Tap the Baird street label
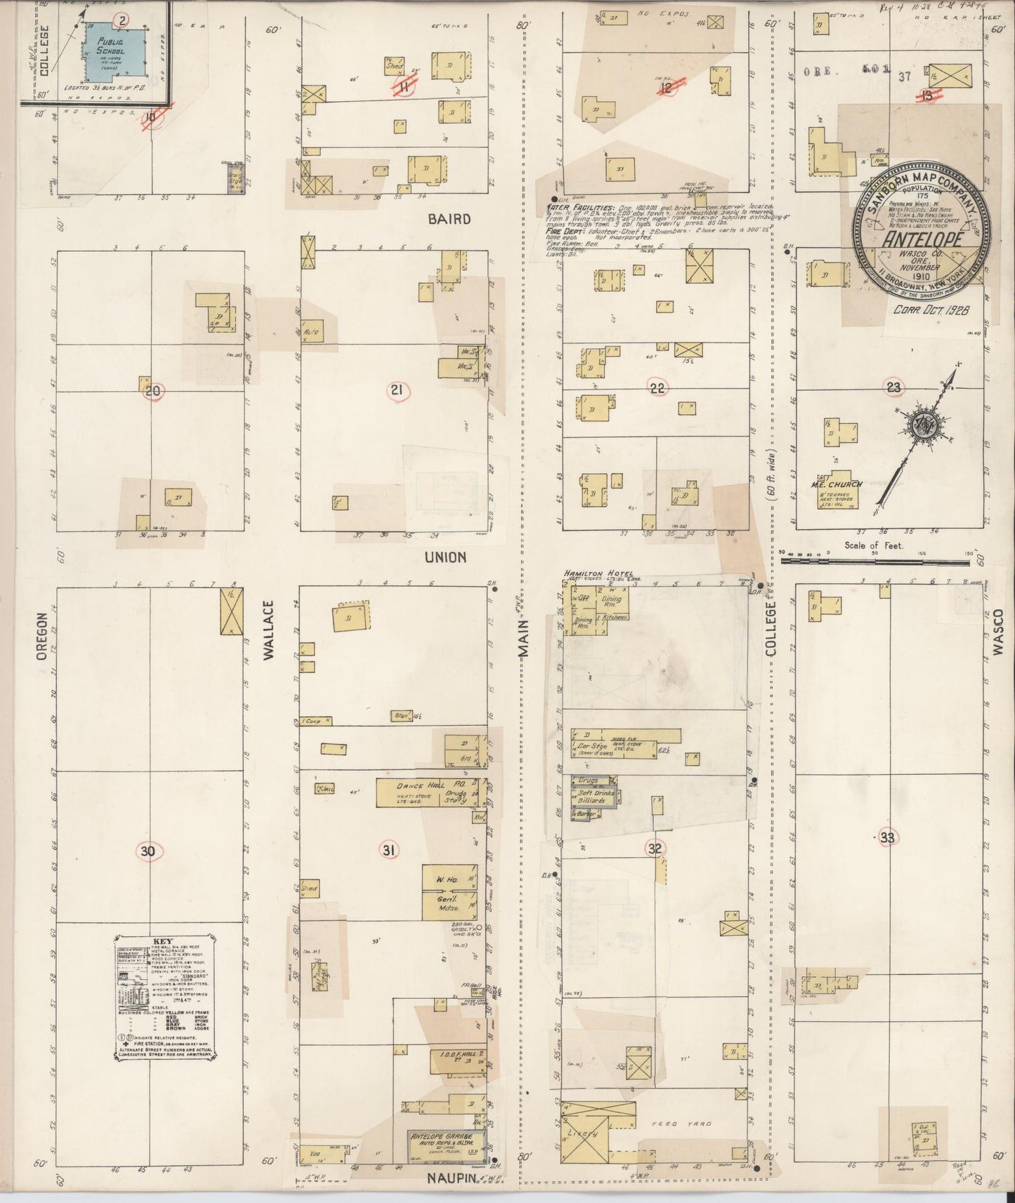450,219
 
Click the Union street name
445,557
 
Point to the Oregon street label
42,636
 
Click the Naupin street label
452,1178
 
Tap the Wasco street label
998,632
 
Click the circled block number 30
148,851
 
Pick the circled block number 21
396,390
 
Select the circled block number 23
893,387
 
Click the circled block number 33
888,837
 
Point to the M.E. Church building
835,491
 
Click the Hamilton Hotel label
598,573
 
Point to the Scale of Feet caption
874,545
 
